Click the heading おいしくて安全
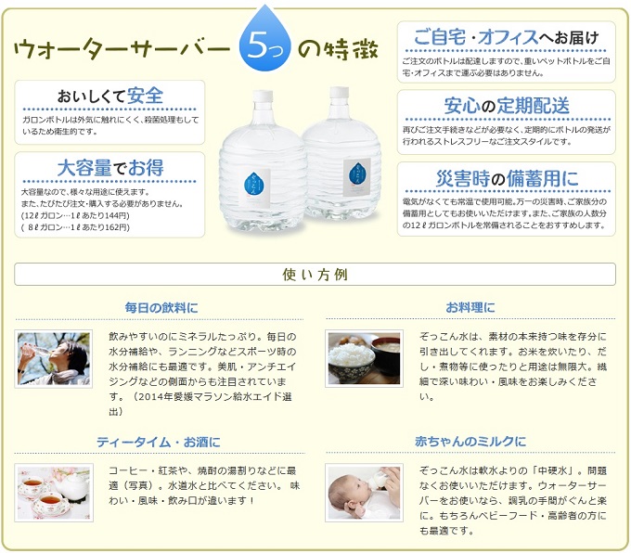coord(110,96)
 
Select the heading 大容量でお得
coord(110,168)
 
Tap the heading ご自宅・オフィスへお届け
coord(507,37)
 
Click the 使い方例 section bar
coord(315,275)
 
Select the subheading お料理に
coord(470,307)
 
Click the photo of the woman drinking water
coord(53,358)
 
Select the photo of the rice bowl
coord(365,358)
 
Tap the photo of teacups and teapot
coord(53,492)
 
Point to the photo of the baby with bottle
coord(365,492)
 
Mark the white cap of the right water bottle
coord(339,94)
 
